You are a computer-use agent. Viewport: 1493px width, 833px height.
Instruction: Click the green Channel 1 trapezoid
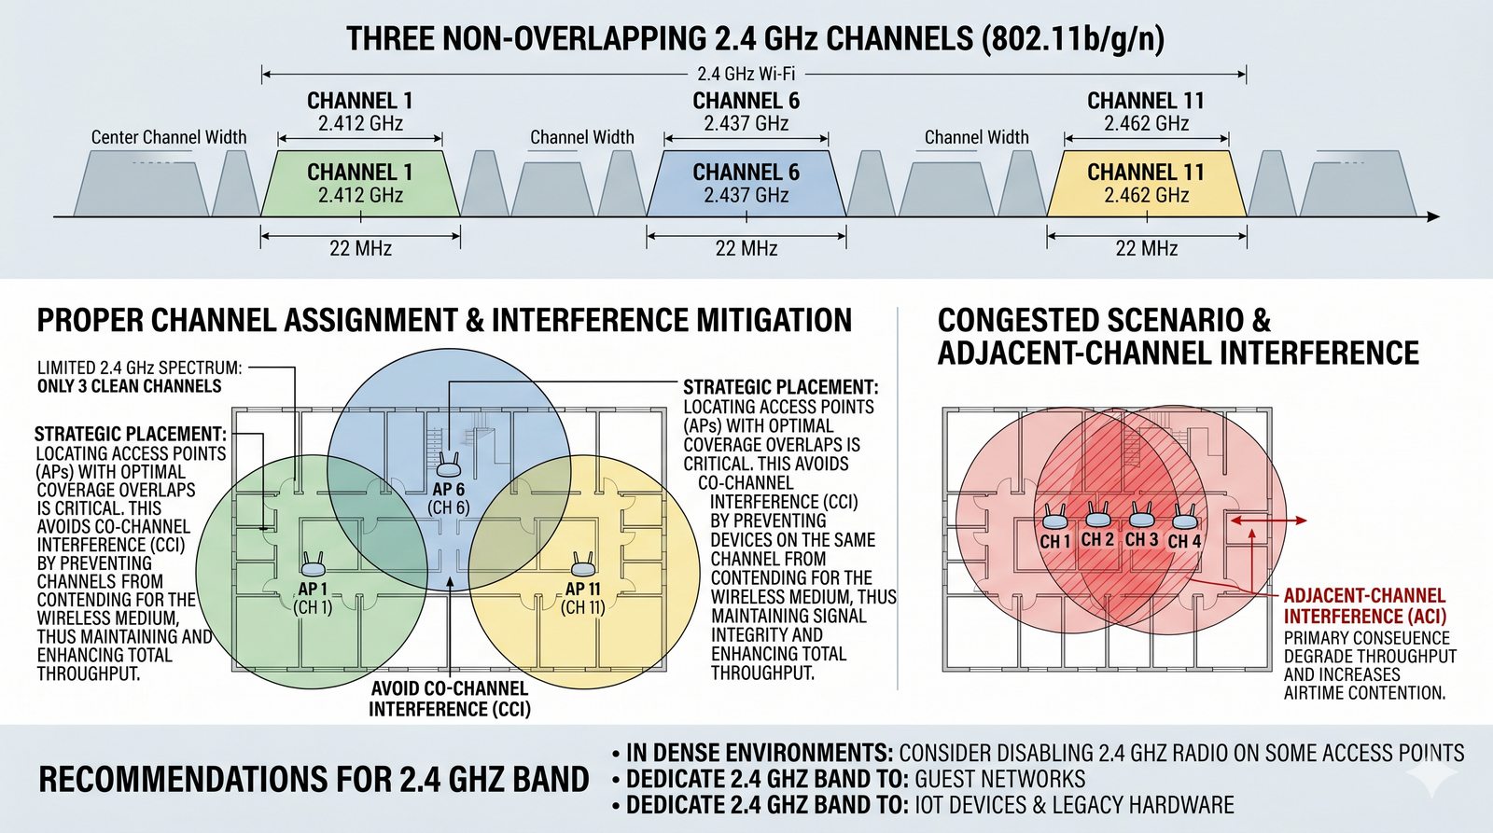point(360,184)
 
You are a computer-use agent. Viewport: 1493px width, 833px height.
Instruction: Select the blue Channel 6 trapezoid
point(746,184)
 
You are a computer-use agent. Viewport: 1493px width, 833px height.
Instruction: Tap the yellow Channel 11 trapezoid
point(1146,184)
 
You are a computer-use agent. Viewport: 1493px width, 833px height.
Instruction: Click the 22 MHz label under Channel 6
point(746,248)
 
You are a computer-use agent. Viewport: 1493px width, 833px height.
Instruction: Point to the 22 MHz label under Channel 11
point(1146,248)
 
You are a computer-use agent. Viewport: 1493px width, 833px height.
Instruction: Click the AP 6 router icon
point(449,464)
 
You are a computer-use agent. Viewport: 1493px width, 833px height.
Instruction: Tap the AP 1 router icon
point(313,563)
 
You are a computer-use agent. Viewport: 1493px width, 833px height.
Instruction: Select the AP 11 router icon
point(583,563)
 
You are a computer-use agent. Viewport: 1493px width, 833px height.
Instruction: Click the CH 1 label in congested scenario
point(1055,541)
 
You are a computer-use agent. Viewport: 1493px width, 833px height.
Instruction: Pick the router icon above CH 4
point(1184,517)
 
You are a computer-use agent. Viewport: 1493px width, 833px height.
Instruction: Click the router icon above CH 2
point(1098,515)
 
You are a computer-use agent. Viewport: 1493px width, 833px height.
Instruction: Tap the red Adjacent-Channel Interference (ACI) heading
point(1364,605)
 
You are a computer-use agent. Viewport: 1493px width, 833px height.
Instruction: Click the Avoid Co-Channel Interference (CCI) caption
point(450,699)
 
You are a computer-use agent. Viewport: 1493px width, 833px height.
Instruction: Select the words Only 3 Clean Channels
point(130,386)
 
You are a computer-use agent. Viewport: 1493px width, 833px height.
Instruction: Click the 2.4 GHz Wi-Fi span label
point(746,74)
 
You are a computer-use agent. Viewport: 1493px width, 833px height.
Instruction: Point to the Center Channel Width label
point(169,137)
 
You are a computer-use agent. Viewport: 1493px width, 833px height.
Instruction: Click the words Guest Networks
point(999,779)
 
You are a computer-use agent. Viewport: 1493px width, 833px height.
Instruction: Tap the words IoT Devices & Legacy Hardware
point(1074,805)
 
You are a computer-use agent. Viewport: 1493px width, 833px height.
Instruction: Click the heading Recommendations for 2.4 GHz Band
point(314,780)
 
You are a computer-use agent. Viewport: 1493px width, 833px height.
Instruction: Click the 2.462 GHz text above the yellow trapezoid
point(1146,123)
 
